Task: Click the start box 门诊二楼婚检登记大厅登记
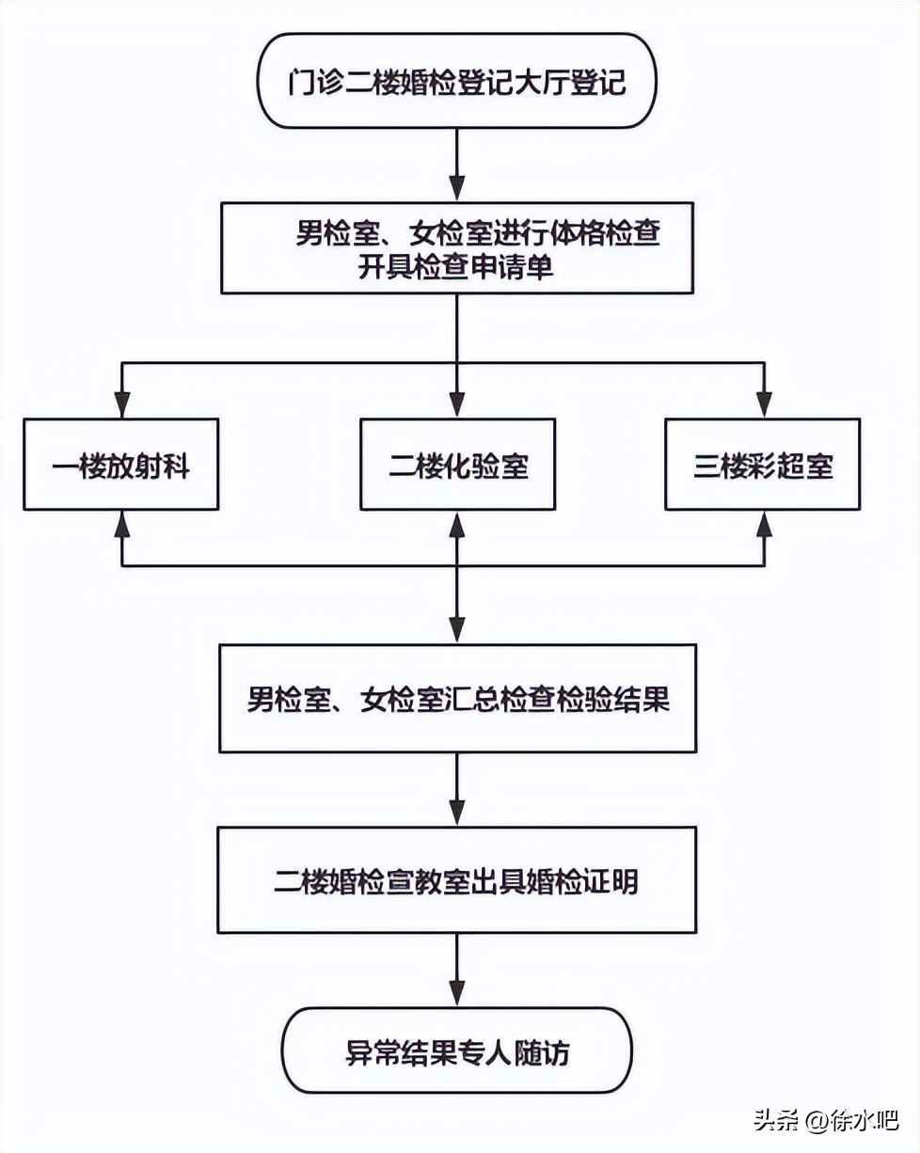click(x=457, y=82)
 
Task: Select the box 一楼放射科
click(x=120, y=466)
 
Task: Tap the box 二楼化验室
click(x=457, y=466)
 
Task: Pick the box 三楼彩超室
click(x=763, y=466)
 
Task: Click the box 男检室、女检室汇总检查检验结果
click(x=457, y=699)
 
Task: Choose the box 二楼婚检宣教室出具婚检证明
click(x=457, y=880)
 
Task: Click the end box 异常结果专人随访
click(x=457, y=1051)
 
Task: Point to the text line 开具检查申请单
click(x=456, y=268)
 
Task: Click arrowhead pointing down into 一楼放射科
click(x=120, y=405)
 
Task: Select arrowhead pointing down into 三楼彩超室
click(x=764, y=405)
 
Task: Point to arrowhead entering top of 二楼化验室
click(x=457, y=405)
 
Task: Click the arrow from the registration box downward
click(x=457, y=165)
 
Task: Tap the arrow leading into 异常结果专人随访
click(x=457, y=969)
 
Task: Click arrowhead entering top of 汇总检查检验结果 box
click(x=457, y=630)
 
